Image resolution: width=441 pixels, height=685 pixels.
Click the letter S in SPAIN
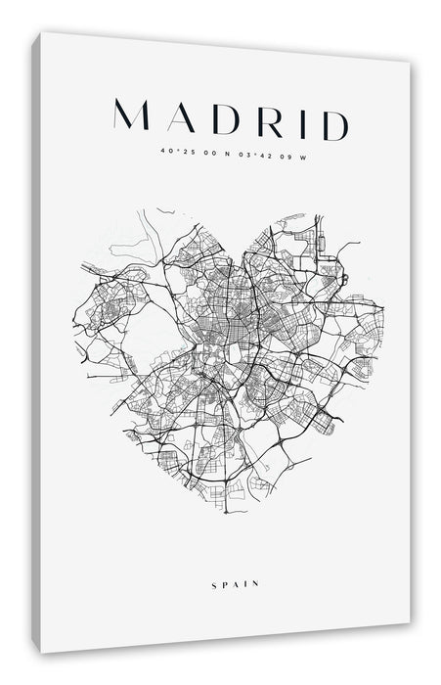pyautogui.click(x=213, y=557)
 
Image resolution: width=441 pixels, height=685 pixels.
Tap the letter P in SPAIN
pyautogui.click(x=224, y=557)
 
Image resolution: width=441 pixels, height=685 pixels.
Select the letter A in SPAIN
pyautogui.click(x=236, y=557)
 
